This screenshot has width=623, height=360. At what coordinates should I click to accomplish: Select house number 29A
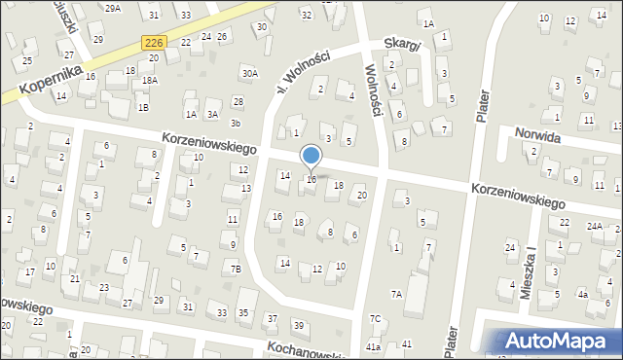click(113, 8)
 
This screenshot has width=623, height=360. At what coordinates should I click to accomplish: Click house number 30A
click(250, 73)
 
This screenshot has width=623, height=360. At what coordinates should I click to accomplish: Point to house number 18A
click(149, 82)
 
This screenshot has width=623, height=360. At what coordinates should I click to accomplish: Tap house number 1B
click(143, 107)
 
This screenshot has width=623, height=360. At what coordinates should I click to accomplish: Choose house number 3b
click(235, 124)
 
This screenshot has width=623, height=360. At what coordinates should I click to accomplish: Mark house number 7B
click(235, 269)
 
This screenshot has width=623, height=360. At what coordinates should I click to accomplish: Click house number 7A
click(396, 294)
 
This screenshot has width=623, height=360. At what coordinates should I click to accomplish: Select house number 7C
click(375, 318)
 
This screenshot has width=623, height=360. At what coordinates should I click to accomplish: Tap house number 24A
click(594, 227)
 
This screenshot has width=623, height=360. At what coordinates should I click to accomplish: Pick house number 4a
click(582, 294)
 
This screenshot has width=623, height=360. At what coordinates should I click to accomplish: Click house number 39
click(299, 325)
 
